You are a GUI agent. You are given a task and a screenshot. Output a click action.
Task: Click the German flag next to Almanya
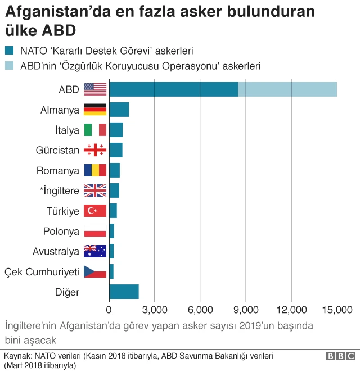click(94, 110)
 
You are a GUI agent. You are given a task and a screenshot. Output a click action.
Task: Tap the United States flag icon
click(94, 89)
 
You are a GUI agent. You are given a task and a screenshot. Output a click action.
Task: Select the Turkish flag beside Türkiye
click(94, 211)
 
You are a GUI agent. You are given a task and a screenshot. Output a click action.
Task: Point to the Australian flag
click(94, 251)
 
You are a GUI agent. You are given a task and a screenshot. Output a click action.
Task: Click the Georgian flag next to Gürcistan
click(94, 150)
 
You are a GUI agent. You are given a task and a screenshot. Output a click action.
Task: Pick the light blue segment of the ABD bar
click(287, 89)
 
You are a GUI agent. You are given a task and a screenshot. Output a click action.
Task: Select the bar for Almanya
click(119, 110)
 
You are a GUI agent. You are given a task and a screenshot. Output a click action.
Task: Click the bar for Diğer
click(124, 291)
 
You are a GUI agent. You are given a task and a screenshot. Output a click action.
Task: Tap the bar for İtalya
click(116, 130)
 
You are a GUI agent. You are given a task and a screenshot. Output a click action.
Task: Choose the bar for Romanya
click(114, 170)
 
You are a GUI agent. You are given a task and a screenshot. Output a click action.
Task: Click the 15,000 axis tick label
click(336, 310)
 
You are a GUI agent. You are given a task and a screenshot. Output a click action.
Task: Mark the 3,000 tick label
click(155, 310)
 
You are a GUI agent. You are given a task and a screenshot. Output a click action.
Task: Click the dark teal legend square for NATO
click(10, 51)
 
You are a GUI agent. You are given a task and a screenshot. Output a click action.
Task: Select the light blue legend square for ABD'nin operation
click(10, 66)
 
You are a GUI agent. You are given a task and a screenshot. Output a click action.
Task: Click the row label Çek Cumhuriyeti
click(42, 271)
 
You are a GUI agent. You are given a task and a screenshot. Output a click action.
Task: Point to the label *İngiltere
click(59, 190)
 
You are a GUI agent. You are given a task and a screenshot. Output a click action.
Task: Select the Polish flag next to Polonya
click(94, 231)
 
